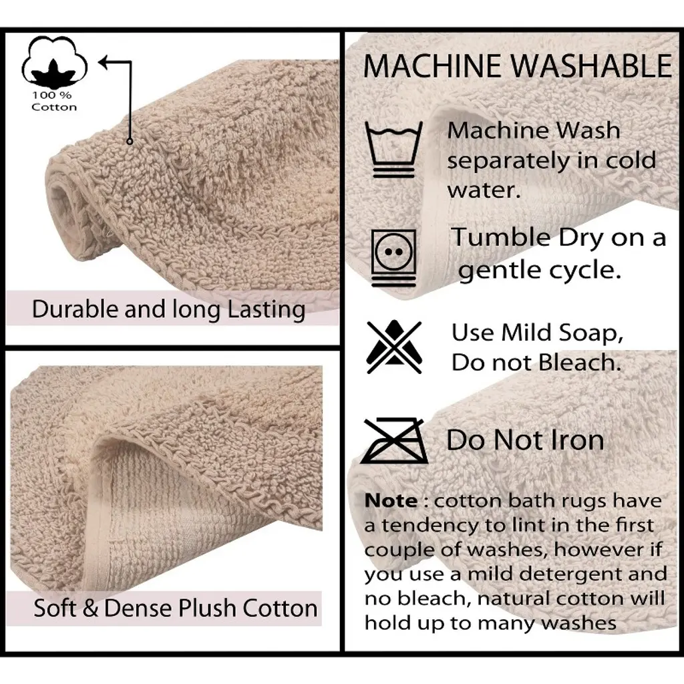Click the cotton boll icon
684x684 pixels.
(54, 62)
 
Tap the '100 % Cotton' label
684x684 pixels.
(53, 102)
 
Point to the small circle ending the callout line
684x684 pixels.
(130, 142)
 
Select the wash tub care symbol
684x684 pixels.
(393, 149)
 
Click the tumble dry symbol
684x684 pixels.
(393, 258)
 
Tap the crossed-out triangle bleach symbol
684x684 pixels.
(394, 347)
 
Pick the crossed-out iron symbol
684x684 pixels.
(395, 441)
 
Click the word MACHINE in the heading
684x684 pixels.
(432, 66)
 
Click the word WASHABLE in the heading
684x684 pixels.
(592, 66)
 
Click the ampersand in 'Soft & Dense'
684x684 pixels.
(90, 608)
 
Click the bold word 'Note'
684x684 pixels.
(391, 501)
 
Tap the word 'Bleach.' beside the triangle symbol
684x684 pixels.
(580, 363)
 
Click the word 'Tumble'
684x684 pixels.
(501, 238)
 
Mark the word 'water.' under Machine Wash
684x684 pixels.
(484, 190)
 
